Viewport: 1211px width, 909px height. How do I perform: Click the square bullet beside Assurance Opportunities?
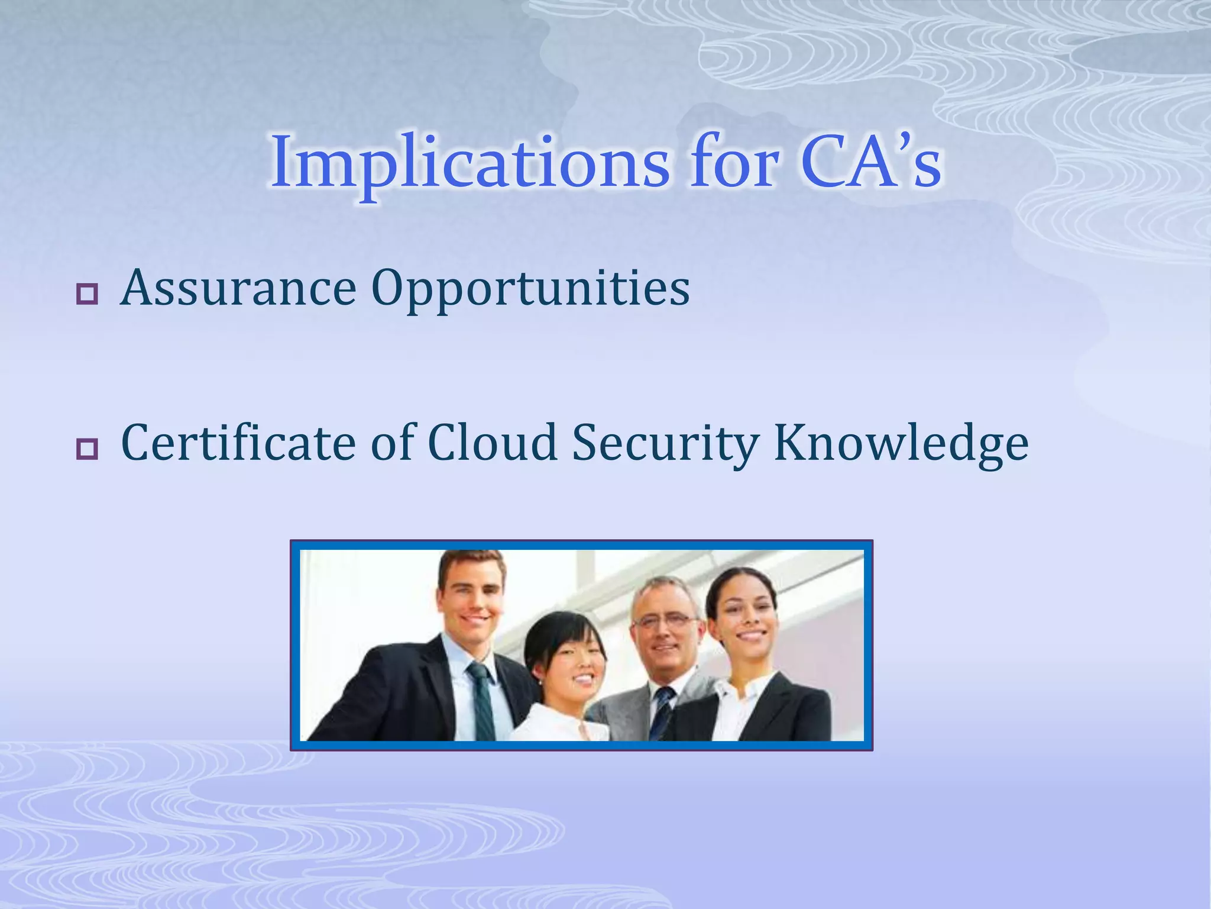87,294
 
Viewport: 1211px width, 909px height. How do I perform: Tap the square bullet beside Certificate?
87,449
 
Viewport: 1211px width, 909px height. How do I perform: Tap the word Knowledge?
901,444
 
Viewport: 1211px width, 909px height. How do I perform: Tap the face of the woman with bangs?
571,663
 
